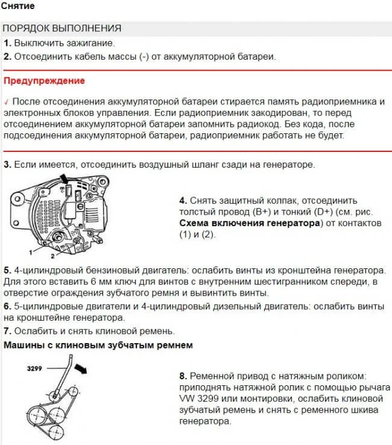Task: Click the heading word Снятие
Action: click(x=17, y=6)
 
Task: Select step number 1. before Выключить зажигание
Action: click(x=7, y=43)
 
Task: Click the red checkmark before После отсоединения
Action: click(x=6, y=101)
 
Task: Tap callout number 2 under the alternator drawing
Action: click(x=52, y=256)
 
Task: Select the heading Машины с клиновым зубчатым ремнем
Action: click(x=98, y=346)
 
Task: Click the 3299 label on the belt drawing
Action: click(x=36, y=368)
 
